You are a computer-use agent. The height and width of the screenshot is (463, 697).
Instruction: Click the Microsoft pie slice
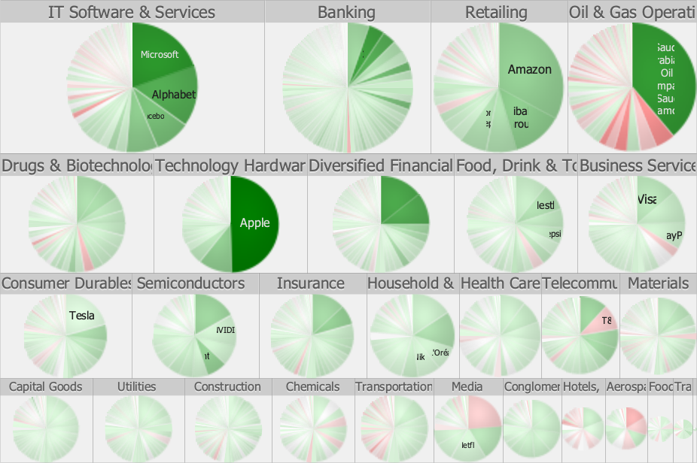point(160,54)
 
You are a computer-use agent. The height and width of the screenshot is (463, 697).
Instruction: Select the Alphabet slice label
point(173,95)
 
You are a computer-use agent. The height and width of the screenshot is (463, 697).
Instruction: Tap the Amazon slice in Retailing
point(529,69)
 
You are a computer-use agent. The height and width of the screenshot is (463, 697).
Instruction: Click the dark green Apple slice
point(254,222)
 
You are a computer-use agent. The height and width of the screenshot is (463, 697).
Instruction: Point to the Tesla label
point(81,316)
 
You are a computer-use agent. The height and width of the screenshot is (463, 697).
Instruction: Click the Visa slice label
point(647,200)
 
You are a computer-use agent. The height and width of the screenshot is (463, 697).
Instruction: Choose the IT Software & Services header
point(132,12)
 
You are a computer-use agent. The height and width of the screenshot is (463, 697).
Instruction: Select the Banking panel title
point(346,12)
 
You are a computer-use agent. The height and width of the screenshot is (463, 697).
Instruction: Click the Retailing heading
point(496,12)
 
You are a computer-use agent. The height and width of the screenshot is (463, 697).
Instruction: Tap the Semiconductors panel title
point(190,283)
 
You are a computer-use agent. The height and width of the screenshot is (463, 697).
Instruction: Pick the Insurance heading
point(310,283)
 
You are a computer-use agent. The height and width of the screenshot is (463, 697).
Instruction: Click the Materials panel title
point(658,283)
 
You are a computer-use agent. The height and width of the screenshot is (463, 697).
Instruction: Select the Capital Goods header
point(46,387)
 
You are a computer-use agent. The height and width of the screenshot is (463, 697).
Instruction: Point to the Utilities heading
point(136,387)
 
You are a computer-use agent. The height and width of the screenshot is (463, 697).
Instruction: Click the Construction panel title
point(227,387)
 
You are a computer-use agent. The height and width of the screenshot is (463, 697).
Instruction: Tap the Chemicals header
point(312,387)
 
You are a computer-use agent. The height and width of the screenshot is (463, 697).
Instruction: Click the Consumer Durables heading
point(66,283)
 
